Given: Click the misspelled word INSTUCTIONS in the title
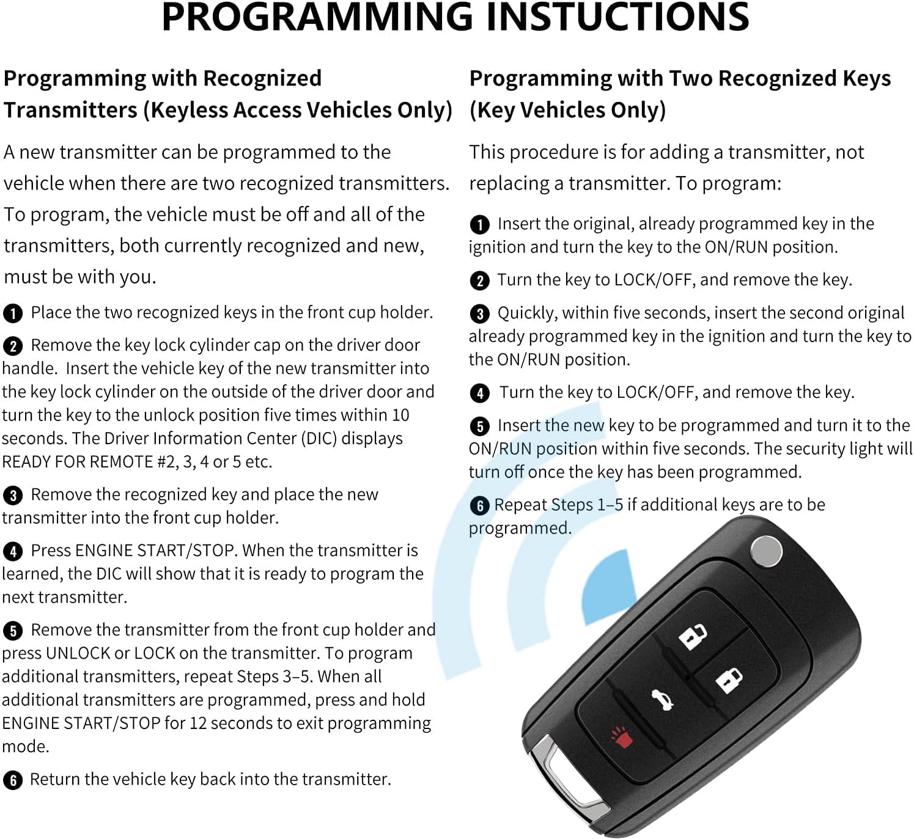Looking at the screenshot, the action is point(617,17).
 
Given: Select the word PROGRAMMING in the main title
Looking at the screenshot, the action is point(317,17).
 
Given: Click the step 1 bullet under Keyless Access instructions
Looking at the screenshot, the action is point(13,313).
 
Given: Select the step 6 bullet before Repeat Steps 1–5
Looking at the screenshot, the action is point(480,505).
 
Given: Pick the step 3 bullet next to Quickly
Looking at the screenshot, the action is point(480,314).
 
